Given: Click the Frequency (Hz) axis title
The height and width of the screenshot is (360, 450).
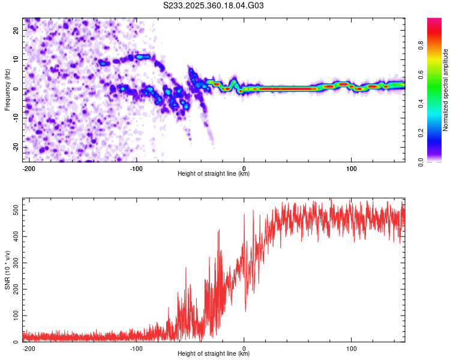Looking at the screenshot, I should click(7, 89).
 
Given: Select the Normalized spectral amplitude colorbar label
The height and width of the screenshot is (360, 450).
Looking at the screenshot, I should click(446, 89).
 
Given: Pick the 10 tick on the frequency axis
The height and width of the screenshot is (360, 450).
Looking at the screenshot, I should click(16, 60).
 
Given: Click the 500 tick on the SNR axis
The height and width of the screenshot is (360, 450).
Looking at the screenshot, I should click(13, 210).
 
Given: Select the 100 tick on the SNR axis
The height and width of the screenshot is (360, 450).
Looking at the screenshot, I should click(13, 316).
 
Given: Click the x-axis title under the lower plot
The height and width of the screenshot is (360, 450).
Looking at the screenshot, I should click(214, 354).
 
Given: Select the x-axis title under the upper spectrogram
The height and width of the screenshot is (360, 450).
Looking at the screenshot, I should click(214, 174).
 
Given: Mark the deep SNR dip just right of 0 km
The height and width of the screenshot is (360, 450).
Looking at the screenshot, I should click(245, 310).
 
